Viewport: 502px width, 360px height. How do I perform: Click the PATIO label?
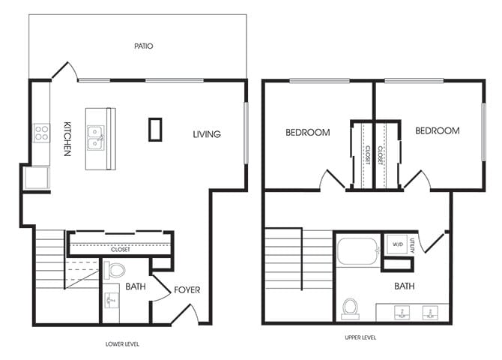point(144,46)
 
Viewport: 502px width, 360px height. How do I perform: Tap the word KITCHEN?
point(67,139)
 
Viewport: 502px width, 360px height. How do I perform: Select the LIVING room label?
point(207,134)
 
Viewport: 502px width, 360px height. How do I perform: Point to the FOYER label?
point(187,289)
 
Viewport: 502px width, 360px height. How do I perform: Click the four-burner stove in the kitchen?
point(42,134)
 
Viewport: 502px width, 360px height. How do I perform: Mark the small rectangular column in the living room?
point(156,129)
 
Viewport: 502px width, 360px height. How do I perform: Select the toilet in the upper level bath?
point(350,307)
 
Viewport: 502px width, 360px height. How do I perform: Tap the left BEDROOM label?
point(307,133)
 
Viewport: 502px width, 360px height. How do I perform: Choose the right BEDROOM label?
point(437,130)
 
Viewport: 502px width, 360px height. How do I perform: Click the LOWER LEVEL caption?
point(122,344)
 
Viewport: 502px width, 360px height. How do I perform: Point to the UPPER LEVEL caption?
point(360,338)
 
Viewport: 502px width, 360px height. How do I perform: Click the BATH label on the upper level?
point(404,286)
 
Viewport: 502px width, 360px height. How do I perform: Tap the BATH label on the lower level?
point(135,286)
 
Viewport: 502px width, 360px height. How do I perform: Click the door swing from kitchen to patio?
point(64,72)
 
